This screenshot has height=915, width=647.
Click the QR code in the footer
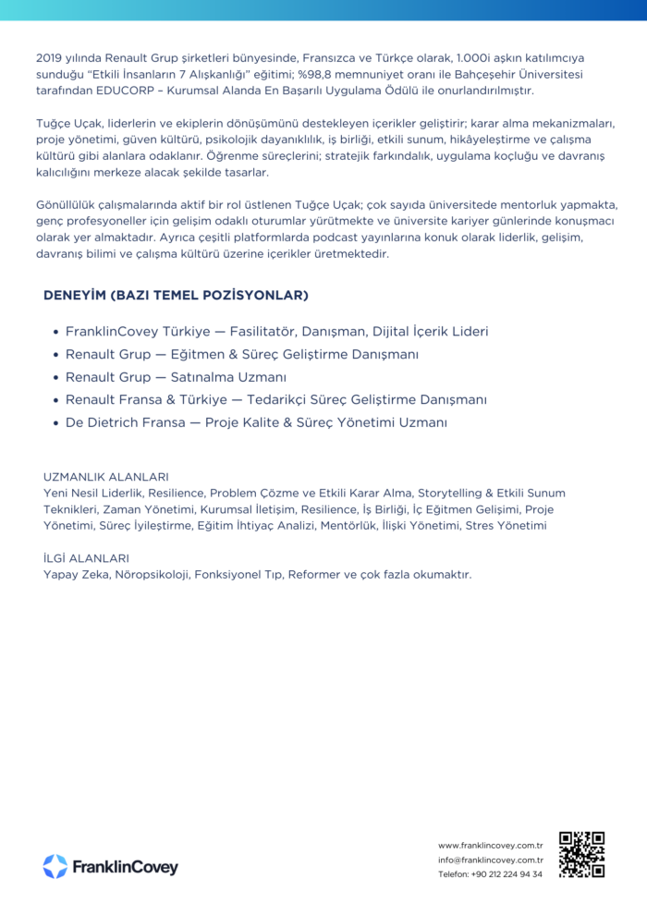point(581,854)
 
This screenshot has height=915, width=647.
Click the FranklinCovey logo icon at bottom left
point(55,866)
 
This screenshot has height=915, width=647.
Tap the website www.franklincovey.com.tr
point(490,845)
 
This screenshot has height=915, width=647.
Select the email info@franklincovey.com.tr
point(490,860)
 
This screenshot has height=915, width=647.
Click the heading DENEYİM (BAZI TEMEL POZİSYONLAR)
point(176,295)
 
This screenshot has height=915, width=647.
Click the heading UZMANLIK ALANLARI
point(105,477)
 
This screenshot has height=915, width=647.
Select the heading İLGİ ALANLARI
point(86,558)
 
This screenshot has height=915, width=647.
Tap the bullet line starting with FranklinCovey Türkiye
point(276,331)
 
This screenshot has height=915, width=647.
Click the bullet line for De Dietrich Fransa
point(256,422)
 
